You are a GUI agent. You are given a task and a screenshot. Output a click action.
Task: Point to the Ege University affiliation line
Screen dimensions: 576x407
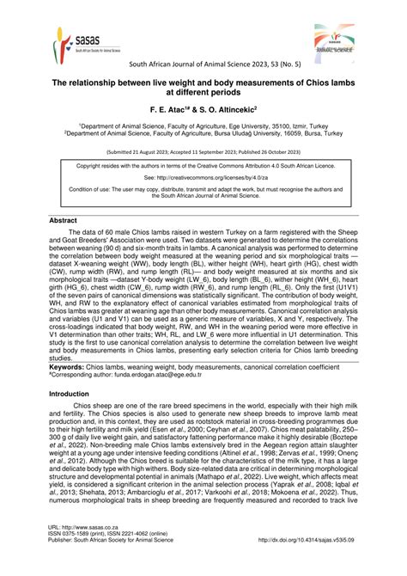pyautogui.click(x=203, y=126)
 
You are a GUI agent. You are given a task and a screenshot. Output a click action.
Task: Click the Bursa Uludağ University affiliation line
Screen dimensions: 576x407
pyautogui.click(x=203, y=134)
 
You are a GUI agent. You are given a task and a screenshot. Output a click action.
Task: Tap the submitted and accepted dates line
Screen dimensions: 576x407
pyautogui.click(x=203, y=150)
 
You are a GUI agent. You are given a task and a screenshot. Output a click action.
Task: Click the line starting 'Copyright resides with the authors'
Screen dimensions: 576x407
pyautogui.click(x=203, y=165)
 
